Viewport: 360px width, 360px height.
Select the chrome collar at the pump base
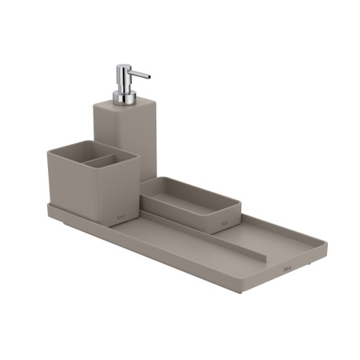[123, 98]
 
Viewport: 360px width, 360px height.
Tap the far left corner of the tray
[48, 207]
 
